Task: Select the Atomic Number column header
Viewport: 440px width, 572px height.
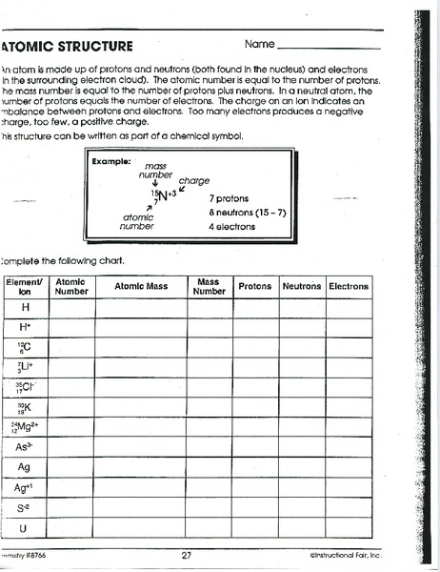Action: [x=70, y=287]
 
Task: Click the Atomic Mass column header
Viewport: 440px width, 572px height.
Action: [x=140, y=286]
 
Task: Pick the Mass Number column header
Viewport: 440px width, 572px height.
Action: [x=209, y=287]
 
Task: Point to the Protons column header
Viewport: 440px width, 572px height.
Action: [x=254, y=286]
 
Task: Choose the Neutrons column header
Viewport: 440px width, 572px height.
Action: [x=301, y=286]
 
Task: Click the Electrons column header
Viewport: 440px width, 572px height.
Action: [x=350, y=286]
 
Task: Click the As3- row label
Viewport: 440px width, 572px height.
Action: [x=24, y=446]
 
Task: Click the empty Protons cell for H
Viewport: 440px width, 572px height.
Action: [x=254, y=308]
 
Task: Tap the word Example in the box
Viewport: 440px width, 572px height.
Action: [x=110, y=161]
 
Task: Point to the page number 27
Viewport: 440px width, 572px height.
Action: [x=187, y=555]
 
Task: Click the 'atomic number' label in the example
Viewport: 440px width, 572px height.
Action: [x=137, y=220]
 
